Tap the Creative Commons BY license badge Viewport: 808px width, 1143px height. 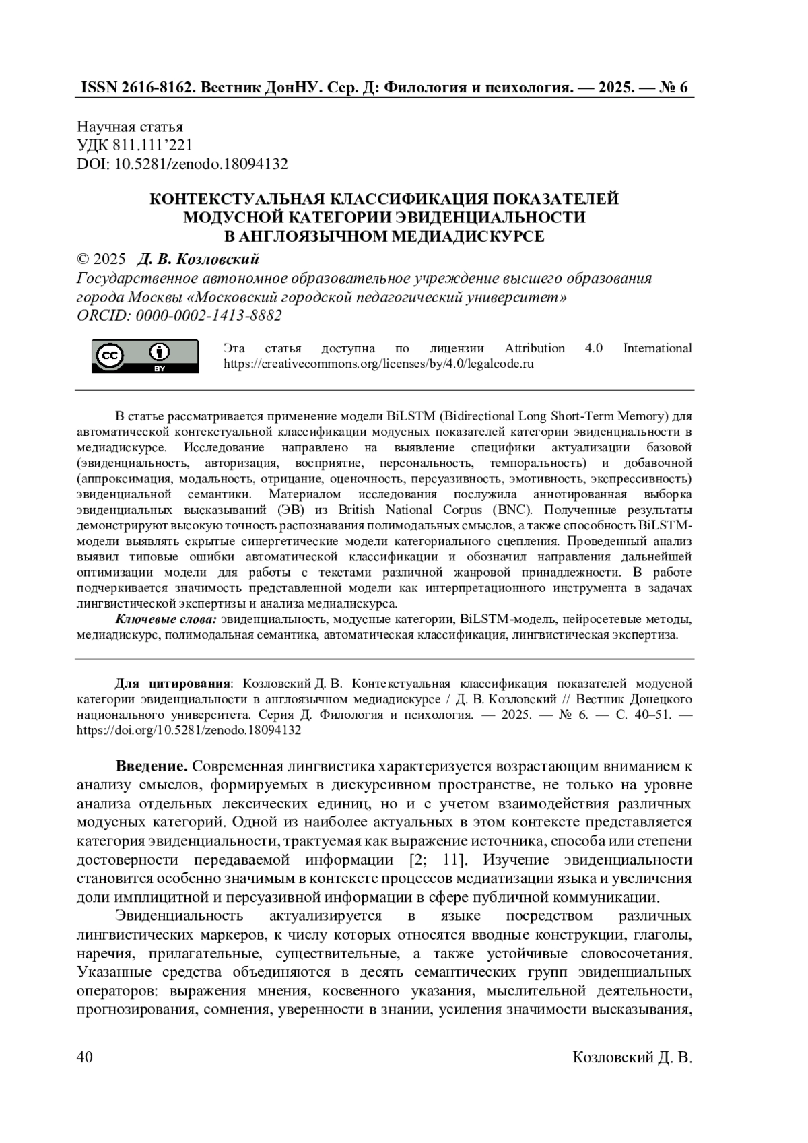(145, 356)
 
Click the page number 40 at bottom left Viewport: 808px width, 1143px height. (85, 1057)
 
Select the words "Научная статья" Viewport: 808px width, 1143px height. (130, 127)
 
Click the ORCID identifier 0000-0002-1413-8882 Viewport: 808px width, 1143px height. (209, 315)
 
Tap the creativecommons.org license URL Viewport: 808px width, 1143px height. (378, 364)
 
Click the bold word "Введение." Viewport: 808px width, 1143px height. (151, 766)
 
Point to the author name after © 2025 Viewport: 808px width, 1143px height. (198, 259)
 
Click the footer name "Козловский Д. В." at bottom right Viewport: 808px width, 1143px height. (632, 1057)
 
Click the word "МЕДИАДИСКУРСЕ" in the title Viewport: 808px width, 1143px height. (465, 236)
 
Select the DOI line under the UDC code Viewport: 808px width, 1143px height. (182, 164)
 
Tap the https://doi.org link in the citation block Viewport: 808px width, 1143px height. (189, 729)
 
